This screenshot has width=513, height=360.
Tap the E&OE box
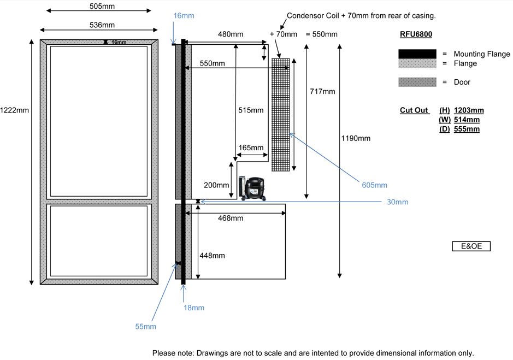[x=471, y=246]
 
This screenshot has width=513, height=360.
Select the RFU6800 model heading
[x=416, y=34]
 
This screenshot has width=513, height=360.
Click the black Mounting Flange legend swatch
[x=417, y=54]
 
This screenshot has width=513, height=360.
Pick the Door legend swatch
[x=417, y=82]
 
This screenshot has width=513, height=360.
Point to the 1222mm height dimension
[x=15, y=110]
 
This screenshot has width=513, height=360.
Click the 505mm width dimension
[x=98, y=6]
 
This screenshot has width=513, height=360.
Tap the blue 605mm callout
[x=374, y=185]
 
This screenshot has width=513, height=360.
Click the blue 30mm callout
[x=397, y=202]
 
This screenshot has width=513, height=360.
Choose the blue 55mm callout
[x=145, y=326]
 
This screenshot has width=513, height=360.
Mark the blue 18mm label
[x=194, y=308]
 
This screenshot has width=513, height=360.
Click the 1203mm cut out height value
[x=469, y=110]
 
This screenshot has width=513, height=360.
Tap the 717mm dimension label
[x=321, y=91]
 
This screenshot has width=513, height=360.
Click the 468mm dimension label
[x=230, y=219]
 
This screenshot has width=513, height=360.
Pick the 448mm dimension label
[x=213, y=256]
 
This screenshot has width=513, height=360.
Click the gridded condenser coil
[x=280, y=115]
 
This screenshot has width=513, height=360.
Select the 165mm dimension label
[x=251, y=147]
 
